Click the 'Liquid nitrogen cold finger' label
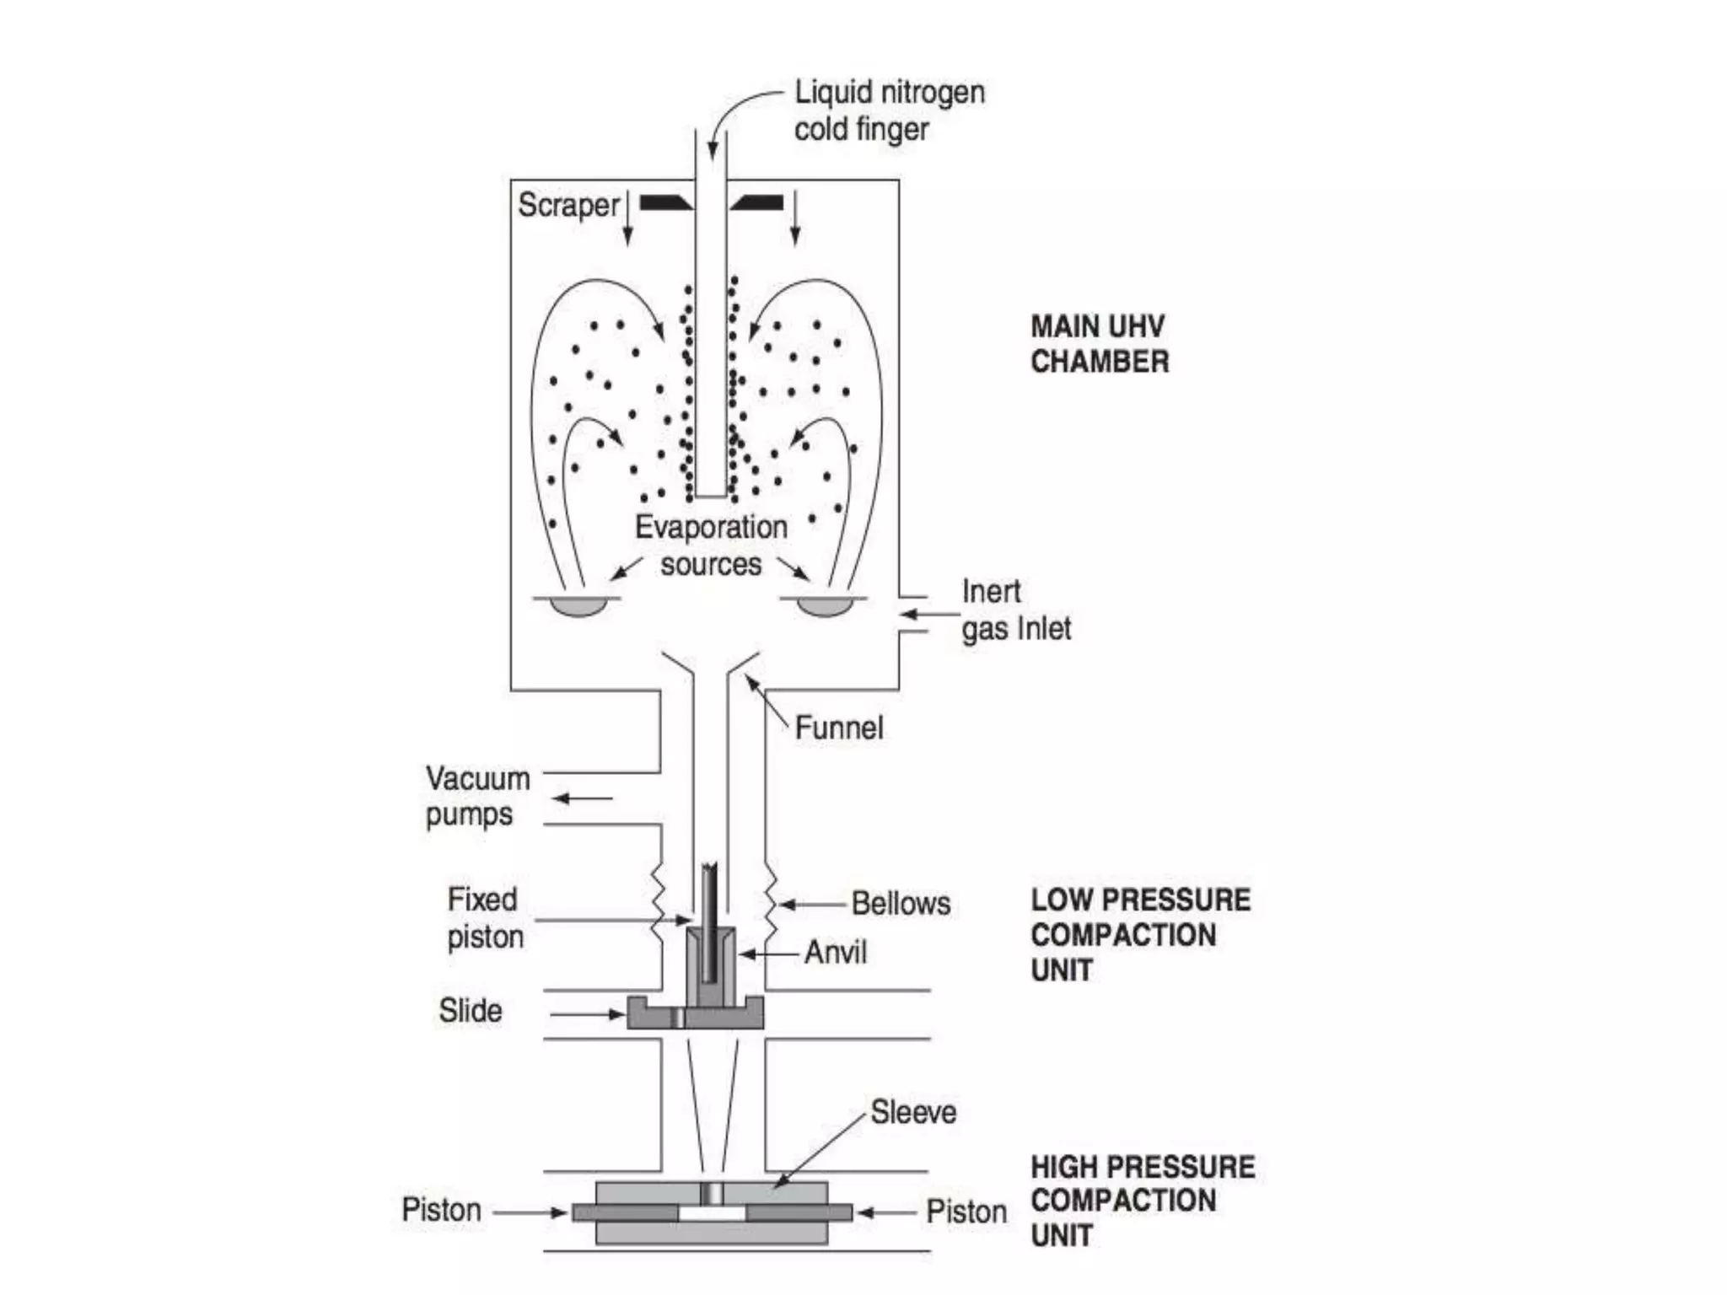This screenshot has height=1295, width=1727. tap(889, 110)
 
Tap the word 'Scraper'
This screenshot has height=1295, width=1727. tap(568, 205)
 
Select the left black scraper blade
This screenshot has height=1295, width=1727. tap(665, 202)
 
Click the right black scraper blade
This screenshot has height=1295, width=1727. tap(758, 202)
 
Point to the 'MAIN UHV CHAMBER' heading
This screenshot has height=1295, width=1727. tap(1099, 344)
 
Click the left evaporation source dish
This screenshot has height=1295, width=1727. tap(578, 606)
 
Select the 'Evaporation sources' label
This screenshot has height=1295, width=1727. tap(711, 545)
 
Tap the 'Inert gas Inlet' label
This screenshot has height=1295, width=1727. tap(1015, 610)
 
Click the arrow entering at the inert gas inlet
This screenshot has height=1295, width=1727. tap(916, 614)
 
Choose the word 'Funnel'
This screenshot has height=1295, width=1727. tap(839, 728)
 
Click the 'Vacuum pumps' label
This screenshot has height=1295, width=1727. tap(477, 796)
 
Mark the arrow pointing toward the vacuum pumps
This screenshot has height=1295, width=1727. tap(583, 798)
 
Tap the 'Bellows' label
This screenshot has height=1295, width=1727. tap(901, 904)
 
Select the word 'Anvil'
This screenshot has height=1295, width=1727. tap(835, 953)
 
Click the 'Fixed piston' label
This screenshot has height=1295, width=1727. tap(484, 918)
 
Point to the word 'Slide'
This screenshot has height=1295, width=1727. tap(470, 1011)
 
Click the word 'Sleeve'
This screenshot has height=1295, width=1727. tap(913, 1112)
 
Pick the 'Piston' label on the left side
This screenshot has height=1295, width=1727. tap(441, 1210)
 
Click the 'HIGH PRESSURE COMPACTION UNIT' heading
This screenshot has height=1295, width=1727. tap(1142, 1201)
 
